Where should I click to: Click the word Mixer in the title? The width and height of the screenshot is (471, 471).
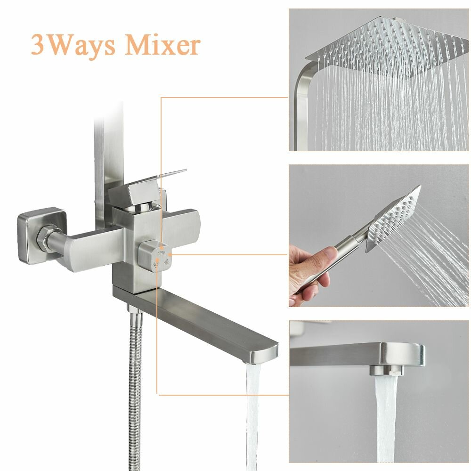pyautogui.click(x=162, y=45)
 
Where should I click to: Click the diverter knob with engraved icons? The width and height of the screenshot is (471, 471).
pyautogui.click(x=154, y=256)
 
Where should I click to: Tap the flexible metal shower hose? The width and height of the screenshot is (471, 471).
pyautogui.click(x=135, y=390)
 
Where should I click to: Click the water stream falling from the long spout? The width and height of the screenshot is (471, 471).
pyautogui.click(x=253, y=417)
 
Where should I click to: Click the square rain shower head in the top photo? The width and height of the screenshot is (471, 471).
pyautogui.click(x=388, y=48)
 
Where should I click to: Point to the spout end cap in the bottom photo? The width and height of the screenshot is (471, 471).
pyautogui.click(x=403, y=355)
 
